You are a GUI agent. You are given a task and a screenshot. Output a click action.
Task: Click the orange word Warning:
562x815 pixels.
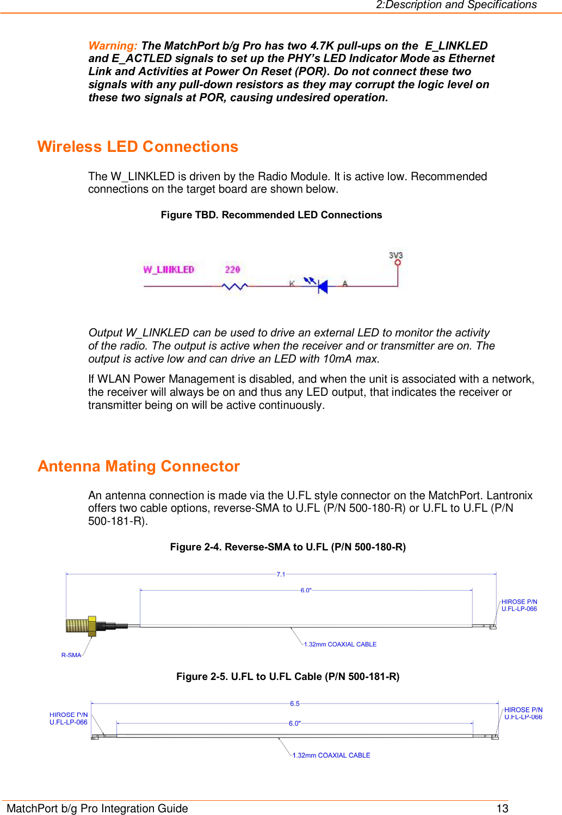(x=113, y=46)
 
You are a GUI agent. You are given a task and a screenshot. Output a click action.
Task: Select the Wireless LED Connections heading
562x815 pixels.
(x=138, y=147)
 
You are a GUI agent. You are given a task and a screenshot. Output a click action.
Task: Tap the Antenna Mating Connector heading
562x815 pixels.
(x=139, y=467)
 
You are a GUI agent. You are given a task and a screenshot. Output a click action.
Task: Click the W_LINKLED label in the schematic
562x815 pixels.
(x=169, y=269)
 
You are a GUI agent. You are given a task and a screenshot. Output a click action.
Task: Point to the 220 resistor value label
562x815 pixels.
(x=232, y=269)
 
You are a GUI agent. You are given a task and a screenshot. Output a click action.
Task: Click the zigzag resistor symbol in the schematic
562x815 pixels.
(x=235, y=286)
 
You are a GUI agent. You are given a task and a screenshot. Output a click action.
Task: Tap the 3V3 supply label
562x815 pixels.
(x=396, y=255)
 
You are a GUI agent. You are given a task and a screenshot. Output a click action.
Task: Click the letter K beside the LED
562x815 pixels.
(x=292, y=283)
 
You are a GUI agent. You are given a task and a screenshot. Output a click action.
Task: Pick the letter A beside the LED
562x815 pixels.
(x=345, y=283)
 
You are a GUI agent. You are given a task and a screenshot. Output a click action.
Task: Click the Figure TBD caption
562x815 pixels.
(x=271, y=215)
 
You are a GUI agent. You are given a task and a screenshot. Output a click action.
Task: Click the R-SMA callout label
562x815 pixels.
(x=71, y=655)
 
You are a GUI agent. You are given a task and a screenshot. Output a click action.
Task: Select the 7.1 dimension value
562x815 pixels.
(x=281, y=574)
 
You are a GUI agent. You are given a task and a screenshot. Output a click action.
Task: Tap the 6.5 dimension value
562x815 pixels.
(x=295, y=703)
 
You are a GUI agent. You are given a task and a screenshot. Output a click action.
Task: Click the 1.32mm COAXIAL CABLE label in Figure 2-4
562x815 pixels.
(x=340, y=644)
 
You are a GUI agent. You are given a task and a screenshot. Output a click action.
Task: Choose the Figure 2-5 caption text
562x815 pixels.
(x=288, y=677)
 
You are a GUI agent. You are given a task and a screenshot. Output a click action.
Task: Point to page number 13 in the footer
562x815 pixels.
(x=502, y=808)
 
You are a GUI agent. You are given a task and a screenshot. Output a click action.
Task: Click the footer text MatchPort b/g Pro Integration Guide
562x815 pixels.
(x=97, y=808)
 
